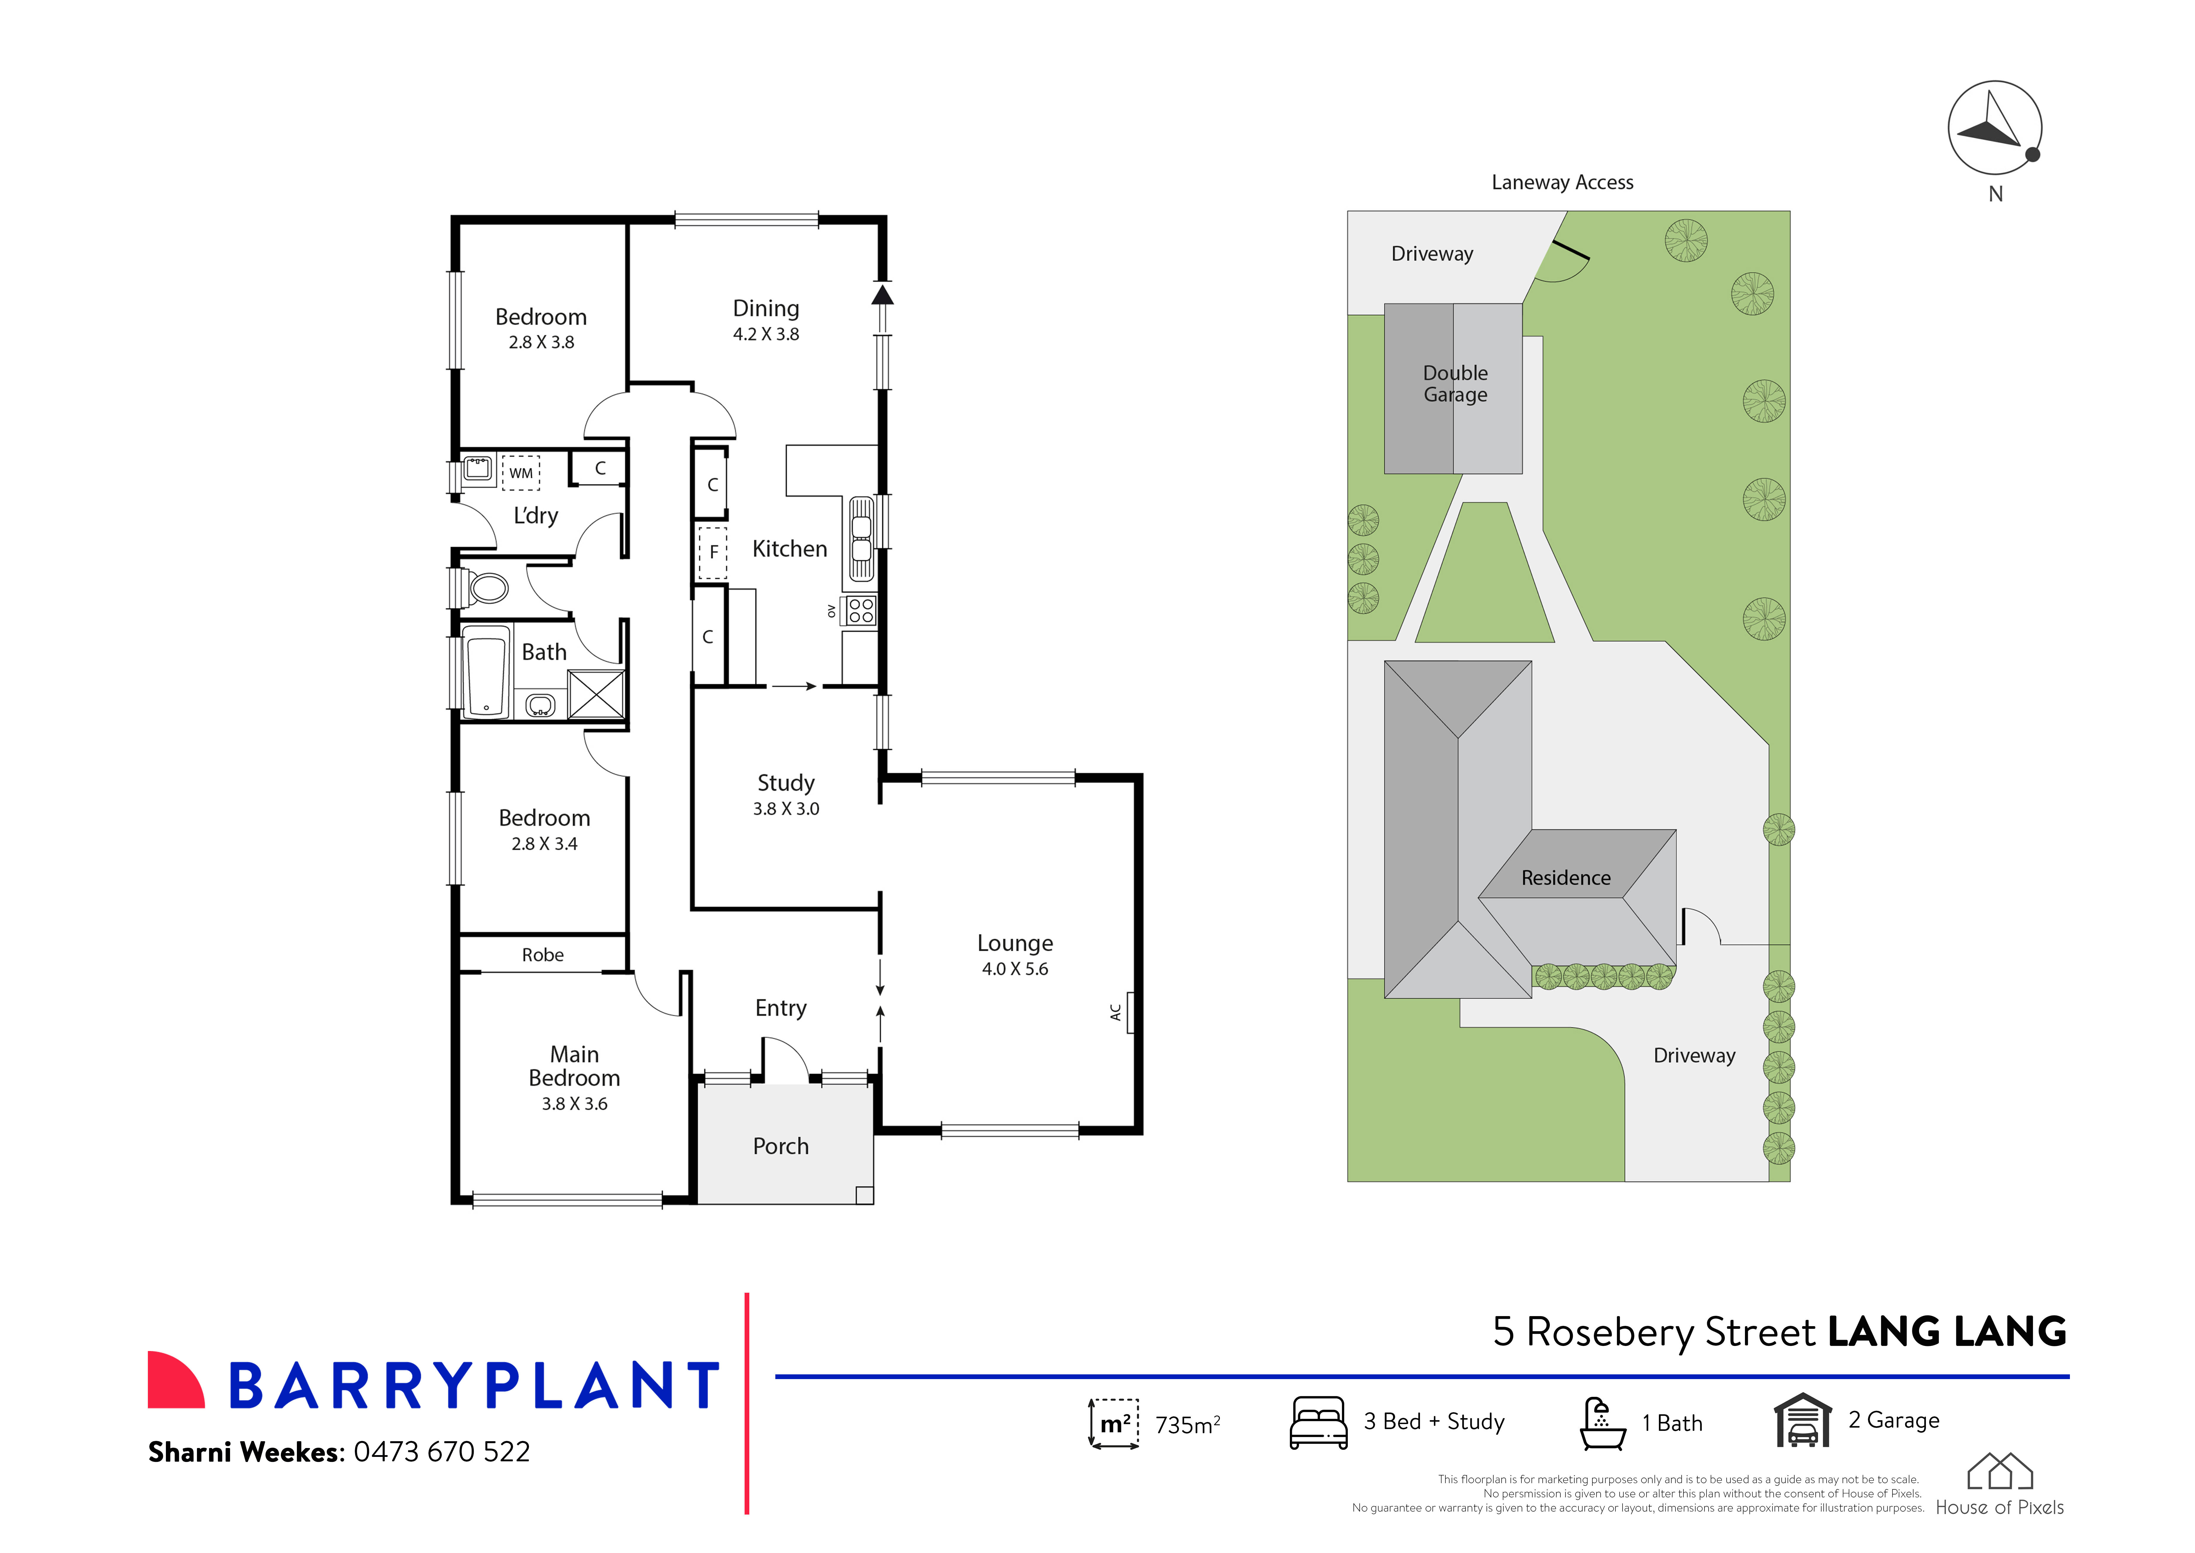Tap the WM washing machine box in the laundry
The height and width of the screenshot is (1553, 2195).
521,472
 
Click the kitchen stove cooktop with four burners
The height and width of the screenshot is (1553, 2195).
860,610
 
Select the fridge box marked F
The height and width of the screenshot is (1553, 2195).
712,553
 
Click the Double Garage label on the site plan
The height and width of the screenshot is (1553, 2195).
1455,384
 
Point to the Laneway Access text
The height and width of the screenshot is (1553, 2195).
1562,182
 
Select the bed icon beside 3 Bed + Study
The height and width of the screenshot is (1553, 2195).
1318,1423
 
